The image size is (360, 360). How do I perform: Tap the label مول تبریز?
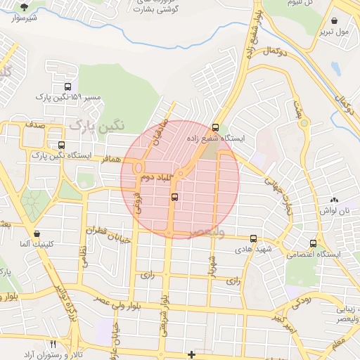333,32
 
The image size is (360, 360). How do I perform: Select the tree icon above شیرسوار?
25,6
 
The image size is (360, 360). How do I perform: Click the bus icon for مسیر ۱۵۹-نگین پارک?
67,86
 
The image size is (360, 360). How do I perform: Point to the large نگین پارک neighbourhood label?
96,125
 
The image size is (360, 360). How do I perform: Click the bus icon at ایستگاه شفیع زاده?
215,128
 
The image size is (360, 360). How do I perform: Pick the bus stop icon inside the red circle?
174,198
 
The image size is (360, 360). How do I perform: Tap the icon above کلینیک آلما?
37,233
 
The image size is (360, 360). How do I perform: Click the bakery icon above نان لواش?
334,200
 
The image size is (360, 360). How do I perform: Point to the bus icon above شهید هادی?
253,239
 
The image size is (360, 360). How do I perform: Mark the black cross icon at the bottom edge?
191,354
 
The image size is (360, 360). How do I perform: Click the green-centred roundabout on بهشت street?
304,124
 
